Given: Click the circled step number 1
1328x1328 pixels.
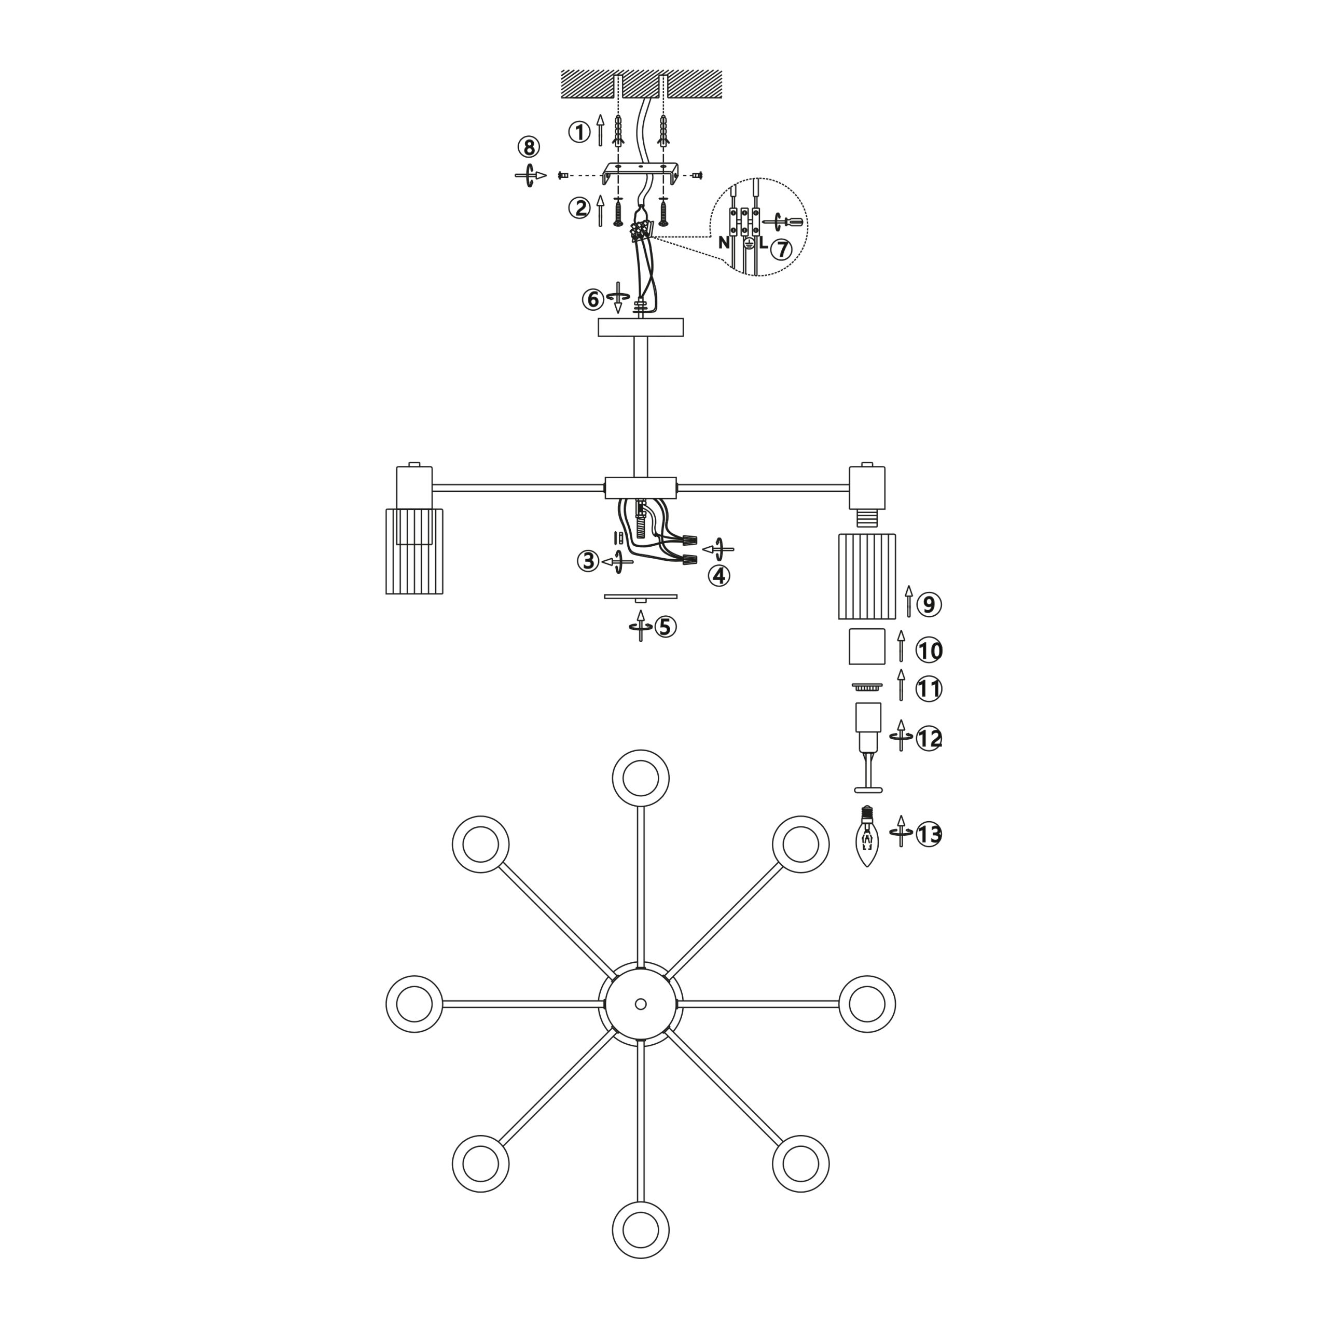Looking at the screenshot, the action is [579, 132].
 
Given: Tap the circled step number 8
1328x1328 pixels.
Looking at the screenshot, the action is [529, 147].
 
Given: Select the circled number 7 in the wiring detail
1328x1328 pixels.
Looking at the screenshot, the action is [781, 250].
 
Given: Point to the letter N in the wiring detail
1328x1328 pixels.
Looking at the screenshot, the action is [724, 243].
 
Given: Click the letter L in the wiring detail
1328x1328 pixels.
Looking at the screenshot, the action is [763, 243].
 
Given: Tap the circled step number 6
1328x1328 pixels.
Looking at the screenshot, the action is [593, 300].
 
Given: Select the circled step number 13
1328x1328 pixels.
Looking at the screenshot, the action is [929, 835].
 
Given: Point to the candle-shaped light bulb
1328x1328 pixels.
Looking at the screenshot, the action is [867, 837].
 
